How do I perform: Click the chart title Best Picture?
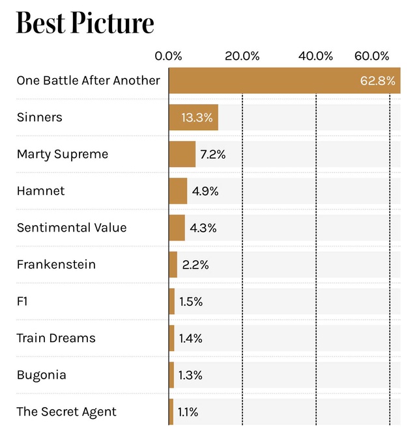tap(85, 23)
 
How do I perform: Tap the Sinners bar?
tap(193, 118)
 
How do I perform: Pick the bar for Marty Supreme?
tap(182, 154)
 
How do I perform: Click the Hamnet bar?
tap(178, 191)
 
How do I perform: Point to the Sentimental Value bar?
tap(177, 228)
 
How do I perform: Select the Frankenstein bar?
tap(173, 265)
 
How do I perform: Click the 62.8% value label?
tap(377, 81)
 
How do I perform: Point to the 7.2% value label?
tap(212, 154)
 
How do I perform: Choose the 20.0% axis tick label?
tap(242, 56)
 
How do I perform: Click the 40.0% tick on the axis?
tap(315, 56)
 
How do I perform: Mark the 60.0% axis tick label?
tap(372, 56)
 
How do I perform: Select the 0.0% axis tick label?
tap(168, 56)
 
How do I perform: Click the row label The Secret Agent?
tap(66, 412)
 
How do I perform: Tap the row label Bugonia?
tap(41, 375)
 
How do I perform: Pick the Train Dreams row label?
tap(56, 338)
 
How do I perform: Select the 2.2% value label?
tap(195, 265)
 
